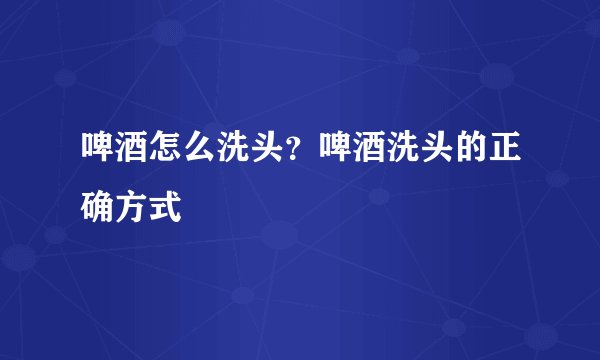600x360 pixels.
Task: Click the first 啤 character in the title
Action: click(x=98, y=153)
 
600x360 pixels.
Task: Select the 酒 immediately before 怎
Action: click(x=132, y=153)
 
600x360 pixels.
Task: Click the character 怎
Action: click(x=166, y=153)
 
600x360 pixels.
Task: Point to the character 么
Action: click(x=200, y=153)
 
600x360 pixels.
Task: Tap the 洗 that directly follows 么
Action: click(x=234, y=153)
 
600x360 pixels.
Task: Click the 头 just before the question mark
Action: click(x=268, y=153)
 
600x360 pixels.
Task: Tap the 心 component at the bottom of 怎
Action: click(x=166, y=163)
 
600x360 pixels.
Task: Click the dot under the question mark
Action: click(x=296, y=162)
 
